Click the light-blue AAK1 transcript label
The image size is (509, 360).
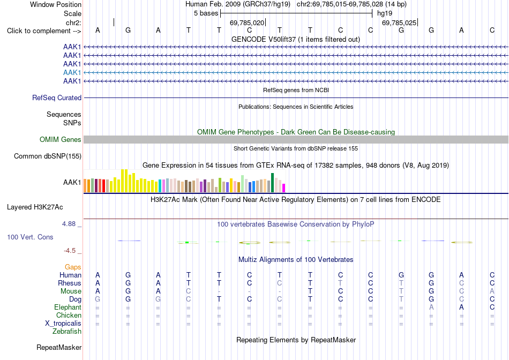(72, 72)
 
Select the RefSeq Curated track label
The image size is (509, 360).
(57, 97)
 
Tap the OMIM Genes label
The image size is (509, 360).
(61, 140)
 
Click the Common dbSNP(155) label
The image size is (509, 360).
(48, 156)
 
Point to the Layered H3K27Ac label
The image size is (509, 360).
(35, 207)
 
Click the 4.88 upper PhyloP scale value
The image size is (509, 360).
(69, 224)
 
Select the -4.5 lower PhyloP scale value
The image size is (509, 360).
(70, 251)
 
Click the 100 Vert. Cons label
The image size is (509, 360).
(30, 237)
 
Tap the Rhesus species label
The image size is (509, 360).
(70, 283)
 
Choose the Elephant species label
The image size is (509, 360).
(68, 307)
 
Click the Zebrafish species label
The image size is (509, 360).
(67, 332)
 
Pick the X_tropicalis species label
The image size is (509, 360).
(63, 324)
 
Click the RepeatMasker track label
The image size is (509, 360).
(59, 347)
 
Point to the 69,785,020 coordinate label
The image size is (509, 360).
(247, 22)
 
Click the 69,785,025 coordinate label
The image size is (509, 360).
(399, 22)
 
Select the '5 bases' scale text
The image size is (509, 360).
(206, 13)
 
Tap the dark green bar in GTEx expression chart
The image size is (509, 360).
(272, 183)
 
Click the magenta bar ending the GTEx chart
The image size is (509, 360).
(284, 188)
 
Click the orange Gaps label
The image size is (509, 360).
(73, 267)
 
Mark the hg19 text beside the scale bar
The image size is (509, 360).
(385, 13)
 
